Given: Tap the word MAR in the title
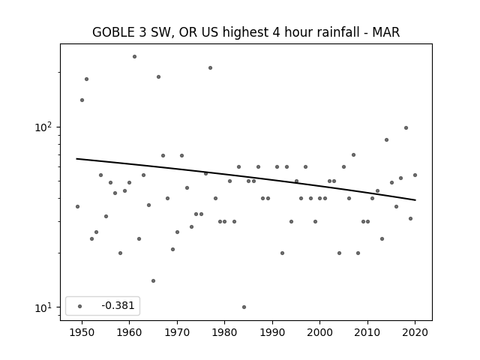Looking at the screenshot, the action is click(x=385, y=32).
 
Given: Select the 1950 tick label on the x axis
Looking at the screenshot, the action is click(x=82, y=332).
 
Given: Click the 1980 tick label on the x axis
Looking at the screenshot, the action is click(x=224, y=332).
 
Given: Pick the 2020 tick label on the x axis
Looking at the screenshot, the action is click(x=415, y=332).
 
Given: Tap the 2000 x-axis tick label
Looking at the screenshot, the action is click(x=319, y=332).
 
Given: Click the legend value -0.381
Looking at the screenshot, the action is click(x=118, y=305).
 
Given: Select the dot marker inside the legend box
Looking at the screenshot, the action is click(x=80, y=306).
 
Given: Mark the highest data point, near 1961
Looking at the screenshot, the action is click(x=134, y=57).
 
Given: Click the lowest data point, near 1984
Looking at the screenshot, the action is click(x=244, y=307).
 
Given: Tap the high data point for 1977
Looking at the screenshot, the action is click(x=210, y=68).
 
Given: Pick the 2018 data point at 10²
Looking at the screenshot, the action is click(x=406, y=128).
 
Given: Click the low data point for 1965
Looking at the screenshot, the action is click(x=153, y=280).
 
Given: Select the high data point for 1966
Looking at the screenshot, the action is click(x=158, y=76).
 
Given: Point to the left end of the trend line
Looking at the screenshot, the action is click(x=76, y=158).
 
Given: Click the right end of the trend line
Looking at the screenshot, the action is click(x=415, y=200).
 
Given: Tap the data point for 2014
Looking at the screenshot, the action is click(x=387, y=140).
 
